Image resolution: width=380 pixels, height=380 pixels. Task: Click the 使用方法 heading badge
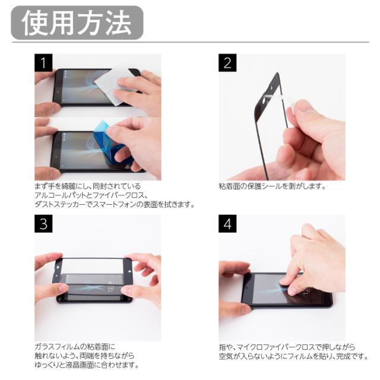pyautogui.click(x=77, y=23)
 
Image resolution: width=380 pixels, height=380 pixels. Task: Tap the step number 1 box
pyautogui.click(x=43, y=63)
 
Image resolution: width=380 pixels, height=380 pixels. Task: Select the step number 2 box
pyautogui.click(x=227, y=63)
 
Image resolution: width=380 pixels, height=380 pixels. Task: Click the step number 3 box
pyautogui.click(x=43, y=224)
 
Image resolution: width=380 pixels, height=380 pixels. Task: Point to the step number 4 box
pyautogui.click(x=227, y=224)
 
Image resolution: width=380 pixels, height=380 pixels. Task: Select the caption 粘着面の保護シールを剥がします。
pyautogui.click(x=272, y=186)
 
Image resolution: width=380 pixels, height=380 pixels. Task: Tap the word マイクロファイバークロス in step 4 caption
pyautogui.click(x=275, y=347)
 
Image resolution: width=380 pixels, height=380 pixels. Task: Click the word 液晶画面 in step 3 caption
pyautogui.click(x=80, y=365)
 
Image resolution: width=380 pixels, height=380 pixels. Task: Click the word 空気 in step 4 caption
pyautogui.click(x=226, y=356)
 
